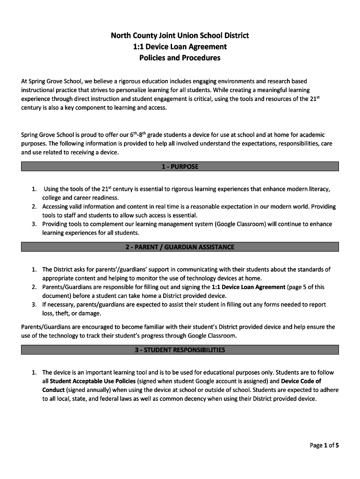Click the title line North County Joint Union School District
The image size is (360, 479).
pos(180,35)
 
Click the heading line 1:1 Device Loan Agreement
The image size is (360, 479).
pos(180,46)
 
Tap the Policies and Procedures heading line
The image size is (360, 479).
pos(180,58)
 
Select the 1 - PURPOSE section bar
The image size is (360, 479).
pos(180,167)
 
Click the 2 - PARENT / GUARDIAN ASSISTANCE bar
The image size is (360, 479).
pos(180,247)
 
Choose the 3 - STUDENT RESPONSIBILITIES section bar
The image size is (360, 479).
pos(180,350)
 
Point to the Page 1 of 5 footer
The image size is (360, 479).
pos(324,445)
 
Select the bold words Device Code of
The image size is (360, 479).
pos(301,381)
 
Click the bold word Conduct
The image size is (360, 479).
pos(53,390)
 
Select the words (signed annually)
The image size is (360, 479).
pos(88,390)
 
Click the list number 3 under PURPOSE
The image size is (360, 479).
pos(34,224)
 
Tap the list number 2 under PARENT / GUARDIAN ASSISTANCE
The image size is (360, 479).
pos(34,287)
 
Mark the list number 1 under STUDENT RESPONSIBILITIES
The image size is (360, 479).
pos(34,373)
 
